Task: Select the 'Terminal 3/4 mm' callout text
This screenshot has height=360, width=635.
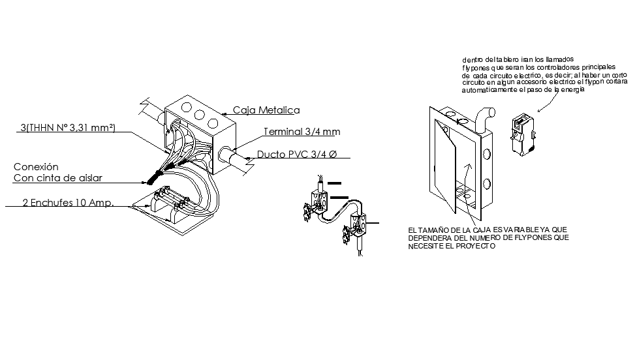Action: [302, 132]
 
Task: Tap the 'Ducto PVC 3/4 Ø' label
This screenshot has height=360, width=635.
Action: [297, 155]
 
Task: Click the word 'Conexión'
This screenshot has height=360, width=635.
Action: [36, 167]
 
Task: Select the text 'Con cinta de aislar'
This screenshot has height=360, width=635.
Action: [58, 178]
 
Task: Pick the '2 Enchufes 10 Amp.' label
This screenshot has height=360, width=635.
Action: [68, 203]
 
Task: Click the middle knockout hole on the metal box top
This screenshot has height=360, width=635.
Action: [198, 115]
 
